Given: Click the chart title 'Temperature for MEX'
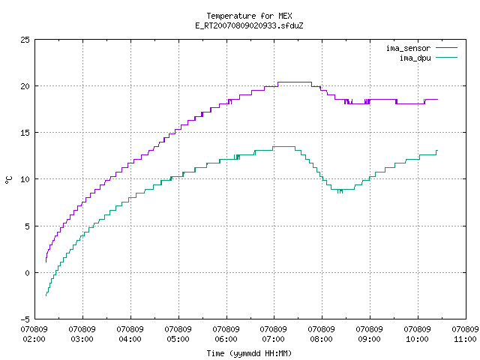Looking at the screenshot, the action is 249,16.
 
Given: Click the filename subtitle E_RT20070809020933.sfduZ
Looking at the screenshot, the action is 249,25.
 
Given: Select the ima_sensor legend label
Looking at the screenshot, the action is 408,48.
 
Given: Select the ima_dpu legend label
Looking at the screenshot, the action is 415,58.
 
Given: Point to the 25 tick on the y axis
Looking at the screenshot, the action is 25,40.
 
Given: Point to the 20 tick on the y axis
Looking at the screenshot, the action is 25,86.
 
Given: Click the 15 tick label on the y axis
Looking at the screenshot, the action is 25,133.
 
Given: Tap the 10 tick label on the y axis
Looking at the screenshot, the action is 25,179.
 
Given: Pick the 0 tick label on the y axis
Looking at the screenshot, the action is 28,273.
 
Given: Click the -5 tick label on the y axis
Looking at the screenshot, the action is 25,319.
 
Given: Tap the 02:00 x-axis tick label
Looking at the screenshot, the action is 34,339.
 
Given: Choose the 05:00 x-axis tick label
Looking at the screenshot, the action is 178,339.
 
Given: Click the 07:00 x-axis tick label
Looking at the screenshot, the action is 273,339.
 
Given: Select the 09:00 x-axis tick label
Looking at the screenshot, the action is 369,339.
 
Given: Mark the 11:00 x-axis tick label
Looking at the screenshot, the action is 465,339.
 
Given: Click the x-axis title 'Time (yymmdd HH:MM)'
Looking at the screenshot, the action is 249,353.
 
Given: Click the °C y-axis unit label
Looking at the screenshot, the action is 9,180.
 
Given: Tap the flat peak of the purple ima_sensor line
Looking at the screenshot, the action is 295,82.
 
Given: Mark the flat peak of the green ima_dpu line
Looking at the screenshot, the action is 283,147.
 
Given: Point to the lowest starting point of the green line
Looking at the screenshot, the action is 46,295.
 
